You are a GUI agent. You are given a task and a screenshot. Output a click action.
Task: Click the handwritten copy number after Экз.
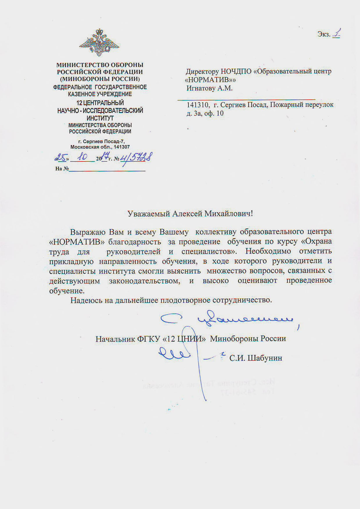pos(336,33)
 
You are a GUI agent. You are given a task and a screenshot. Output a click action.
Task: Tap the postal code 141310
pos(197,105)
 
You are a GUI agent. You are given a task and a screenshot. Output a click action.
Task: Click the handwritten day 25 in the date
pos(61,158)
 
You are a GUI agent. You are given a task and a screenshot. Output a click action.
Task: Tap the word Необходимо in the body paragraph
pos(268,251)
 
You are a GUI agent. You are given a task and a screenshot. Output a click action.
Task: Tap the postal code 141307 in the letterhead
pos(122,147)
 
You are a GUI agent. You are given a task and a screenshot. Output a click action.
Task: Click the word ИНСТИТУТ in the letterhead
pos(100,118)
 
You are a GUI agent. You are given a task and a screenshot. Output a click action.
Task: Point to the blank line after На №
pos(107,169)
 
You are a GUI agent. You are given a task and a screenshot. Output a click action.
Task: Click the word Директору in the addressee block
pos(202,71)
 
